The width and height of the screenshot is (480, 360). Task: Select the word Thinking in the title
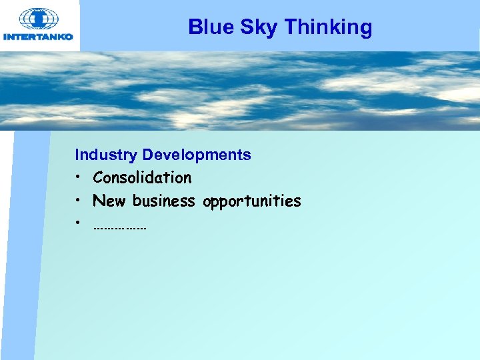(x=328, y=27)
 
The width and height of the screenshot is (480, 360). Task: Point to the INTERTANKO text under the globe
(x=38, y=37)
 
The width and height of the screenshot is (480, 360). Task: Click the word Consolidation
(x=142, y=178)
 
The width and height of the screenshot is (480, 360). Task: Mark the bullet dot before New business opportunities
(x=79, y=201)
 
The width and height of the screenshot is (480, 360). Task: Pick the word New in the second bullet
(x=110, y=201)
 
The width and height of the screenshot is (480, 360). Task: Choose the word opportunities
(x=252, y=201)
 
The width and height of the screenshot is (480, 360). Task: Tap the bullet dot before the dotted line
(x=79, y=222)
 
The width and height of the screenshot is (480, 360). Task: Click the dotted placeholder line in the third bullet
(x=120, y=228)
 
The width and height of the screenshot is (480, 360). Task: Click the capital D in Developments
(x=147, y=155)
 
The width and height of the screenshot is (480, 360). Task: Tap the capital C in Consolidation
(x=98, y=178)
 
